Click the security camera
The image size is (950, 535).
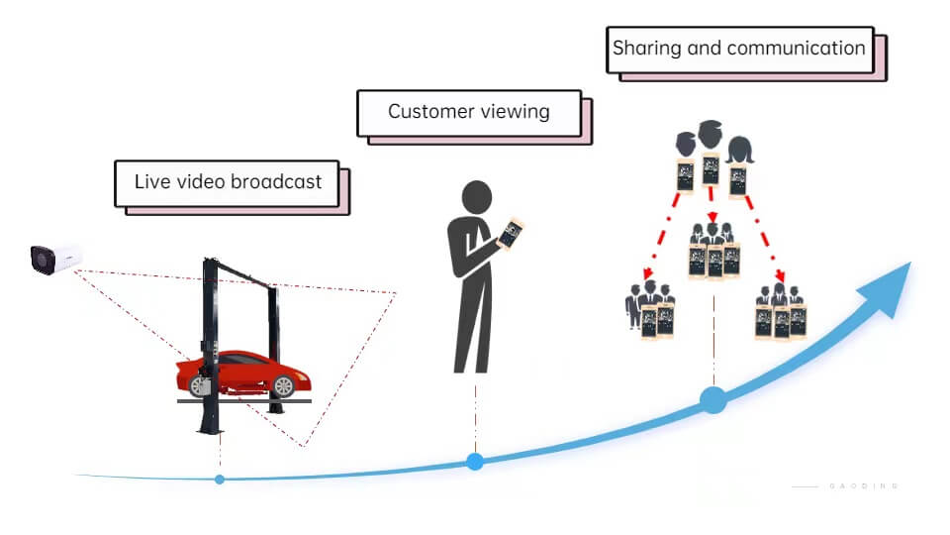point(53,260)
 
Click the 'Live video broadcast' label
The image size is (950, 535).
point(228,182)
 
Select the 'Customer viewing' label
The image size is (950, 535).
point(468,111)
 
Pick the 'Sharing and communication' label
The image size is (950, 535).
point(738,48)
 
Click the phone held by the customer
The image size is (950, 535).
point(510,233)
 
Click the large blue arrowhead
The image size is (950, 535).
point(887,287)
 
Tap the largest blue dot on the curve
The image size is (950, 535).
point(712,400)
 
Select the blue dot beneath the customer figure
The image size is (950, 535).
point(475,461)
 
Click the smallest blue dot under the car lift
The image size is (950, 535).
point(220,480)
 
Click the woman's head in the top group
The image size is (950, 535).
point(739,151)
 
